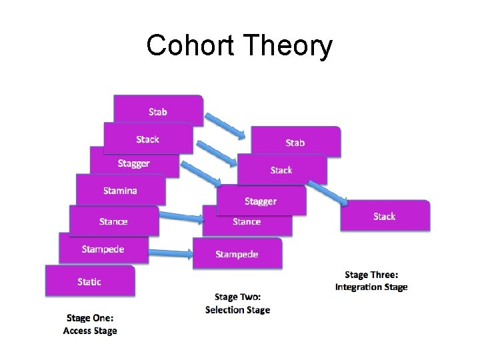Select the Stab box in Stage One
(158, 111)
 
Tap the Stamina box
(120, 191)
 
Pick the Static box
(89, 281)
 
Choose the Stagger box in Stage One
(133, 163)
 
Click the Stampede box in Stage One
(103, 249)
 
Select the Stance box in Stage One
(113, 221)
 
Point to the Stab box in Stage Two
(295, 142)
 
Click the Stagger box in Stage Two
(261, 201)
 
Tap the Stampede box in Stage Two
(237, 254)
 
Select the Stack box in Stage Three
(385, 216)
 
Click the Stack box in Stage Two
(281, 170)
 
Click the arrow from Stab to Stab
(225, 126)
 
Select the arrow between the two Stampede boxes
(170, 252)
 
